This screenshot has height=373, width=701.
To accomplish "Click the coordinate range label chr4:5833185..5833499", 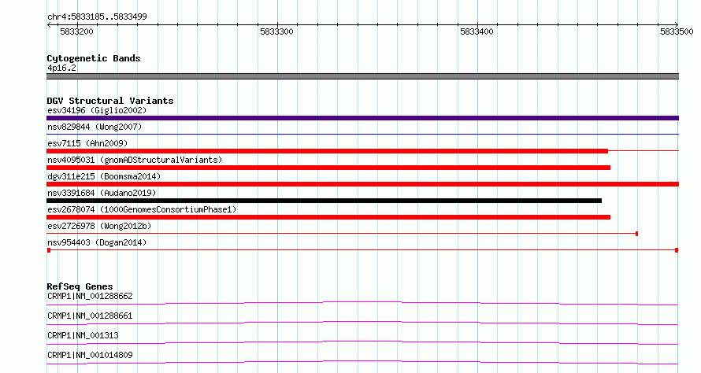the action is click(x=97, y=17).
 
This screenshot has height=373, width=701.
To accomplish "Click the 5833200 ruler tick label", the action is click(x=76, y=31).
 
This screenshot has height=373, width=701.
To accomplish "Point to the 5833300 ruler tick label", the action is click(x=276, y=31).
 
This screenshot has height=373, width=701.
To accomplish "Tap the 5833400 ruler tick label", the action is click(x=477, y=31).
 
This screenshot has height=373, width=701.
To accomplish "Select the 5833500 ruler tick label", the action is click(x=677, y=31).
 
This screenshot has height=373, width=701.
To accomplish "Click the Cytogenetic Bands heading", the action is click(x=94, y=58).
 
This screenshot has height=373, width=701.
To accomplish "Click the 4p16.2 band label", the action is click(x=61, y=68).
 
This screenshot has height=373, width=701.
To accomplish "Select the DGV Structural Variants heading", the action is click(x=110, y=101).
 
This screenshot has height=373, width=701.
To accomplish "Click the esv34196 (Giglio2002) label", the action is click(x=97, y=110).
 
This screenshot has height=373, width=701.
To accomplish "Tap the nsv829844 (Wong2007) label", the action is click(x=95, y=127).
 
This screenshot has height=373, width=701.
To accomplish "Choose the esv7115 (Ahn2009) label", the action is click(x=87, y=143).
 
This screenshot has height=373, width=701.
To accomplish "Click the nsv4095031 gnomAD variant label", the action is click(x=135, y=160).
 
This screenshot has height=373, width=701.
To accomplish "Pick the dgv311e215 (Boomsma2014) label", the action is click(x=104, y=176).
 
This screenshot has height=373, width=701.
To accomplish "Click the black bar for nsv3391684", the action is click(x=325, y=201).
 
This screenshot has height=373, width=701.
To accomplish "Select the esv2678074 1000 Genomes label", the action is click(x=142, y=209).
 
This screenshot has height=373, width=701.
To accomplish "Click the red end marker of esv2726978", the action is click(x=636, y=234).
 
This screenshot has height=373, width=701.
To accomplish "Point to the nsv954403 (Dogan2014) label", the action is click(x=97, y=242).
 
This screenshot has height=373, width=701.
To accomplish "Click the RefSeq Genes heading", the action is click(x=80, y=286).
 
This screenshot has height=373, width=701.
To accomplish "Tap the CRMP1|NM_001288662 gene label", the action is click(x=90, y=296).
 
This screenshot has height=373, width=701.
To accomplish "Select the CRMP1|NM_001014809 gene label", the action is click(x=90, y=355).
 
